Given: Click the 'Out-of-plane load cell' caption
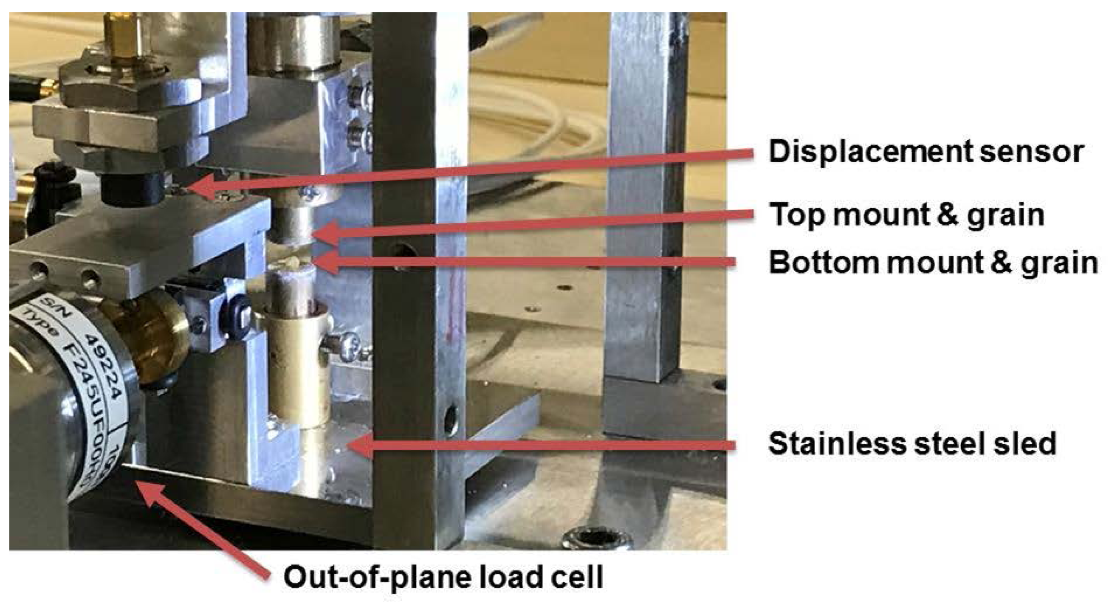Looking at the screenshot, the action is point(443,576).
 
